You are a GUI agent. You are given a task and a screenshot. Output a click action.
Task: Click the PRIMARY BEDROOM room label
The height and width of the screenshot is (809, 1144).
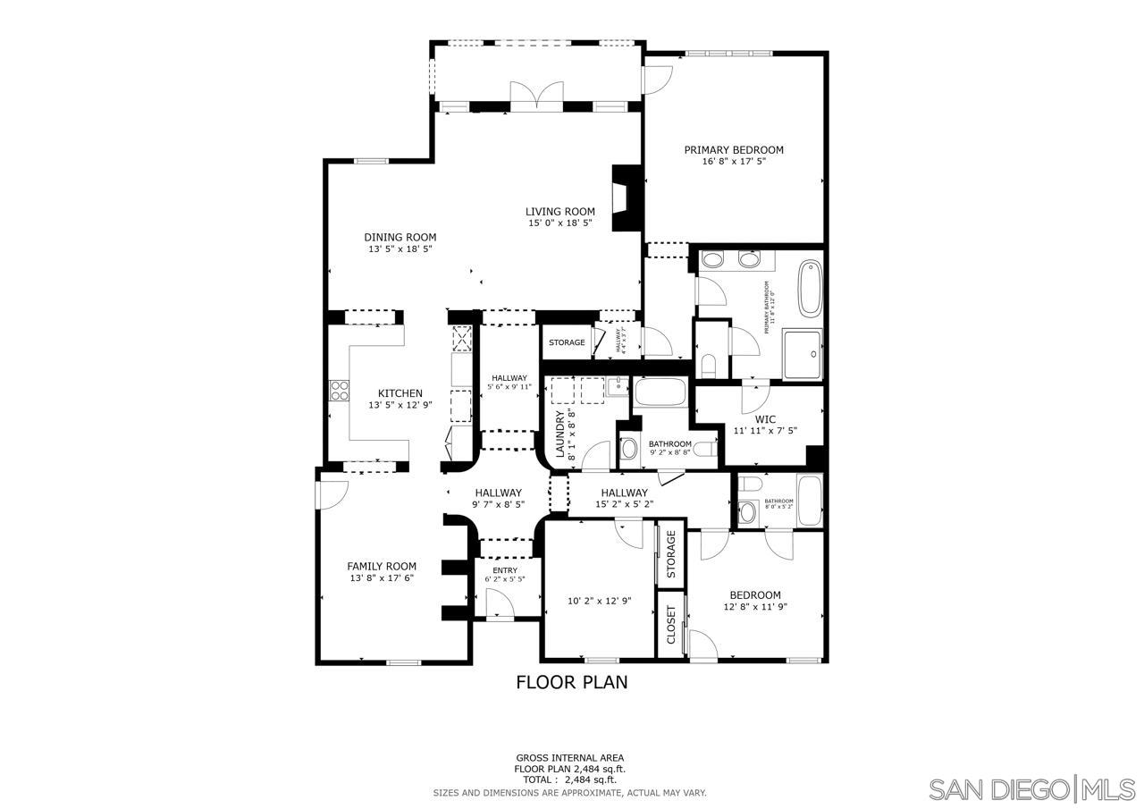pyautogui.click(x=734, y=150)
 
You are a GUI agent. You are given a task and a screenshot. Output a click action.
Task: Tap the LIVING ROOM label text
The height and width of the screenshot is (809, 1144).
pyautogui.click(x=559, y=212)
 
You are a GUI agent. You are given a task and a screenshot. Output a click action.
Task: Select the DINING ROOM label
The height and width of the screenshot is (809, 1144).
pyautogui.click(x=400, y=238)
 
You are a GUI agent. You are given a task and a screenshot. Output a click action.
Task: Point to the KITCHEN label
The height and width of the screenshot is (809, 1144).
pyautogui.click(x=400, y=393)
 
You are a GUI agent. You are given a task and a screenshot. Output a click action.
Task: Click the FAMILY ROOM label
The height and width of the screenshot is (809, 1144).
pyautogui.click(x=382, y=566)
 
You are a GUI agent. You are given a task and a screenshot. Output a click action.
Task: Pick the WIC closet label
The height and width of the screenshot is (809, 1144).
pyautogui.click(x=765, y=419)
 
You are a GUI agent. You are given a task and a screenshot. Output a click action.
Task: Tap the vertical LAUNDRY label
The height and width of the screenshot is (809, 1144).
pyautogui.click(x=560, y=434)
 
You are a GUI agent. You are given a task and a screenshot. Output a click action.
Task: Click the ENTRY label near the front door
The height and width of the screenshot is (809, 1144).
pyautogui.click(x=505, y=570)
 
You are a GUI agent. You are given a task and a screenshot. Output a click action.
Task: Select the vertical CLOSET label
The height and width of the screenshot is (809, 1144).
pyautogui.click(x=671, y=625)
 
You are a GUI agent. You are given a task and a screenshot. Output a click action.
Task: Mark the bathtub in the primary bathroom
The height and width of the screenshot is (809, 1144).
pyautogui.click(x=810, y=287)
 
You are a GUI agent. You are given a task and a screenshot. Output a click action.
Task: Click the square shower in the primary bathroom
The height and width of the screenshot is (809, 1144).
pyautogui.click(x=803, y=354)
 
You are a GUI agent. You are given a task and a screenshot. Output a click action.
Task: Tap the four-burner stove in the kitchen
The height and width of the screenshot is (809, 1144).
pyautogui.click(x=340, y=390)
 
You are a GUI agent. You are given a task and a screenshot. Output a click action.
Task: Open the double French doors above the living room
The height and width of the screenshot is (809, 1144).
pyautogui.click(x=536, y=95)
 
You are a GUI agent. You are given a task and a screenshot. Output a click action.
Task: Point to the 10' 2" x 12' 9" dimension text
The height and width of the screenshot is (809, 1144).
pyautogui.click(x=600, y=602)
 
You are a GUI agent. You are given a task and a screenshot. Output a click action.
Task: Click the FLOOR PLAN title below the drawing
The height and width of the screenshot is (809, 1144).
pyautogui.click(x=572, y=683)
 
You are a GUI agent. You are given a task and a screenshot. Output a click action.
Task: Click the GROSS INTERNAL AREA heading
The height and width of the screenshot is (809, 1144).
pyautogui.click(x=569, y=757)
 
